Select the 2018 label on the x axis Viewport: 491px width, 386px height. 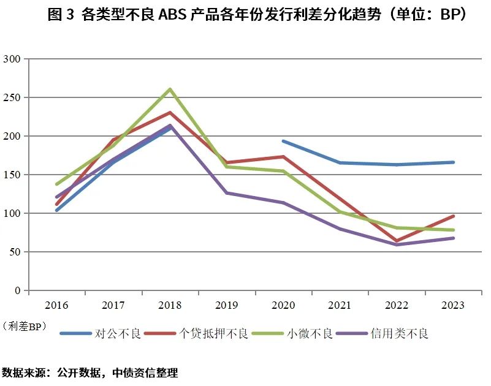tap(170, 305)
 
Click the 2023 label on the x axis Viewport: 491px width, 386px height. tap(453, 305)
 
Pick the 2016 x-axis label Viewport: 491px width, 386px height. tap(56, 305)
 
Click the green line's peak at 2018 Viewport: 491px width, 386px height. tap(170, 89)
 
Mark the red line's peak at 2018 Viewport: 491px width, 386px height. tap(170, 113)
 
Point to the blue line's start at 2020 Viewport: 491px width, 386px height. tap(283, 141)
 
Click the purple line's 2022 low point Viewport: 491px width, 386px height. tap(397, 244)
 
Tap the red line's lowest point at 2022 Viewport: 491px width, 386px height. tap(397, 241)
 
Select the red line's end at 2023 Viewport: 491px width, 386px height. tap(453, 216)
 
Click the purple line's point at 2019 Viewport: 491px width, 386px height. tap(226, 193)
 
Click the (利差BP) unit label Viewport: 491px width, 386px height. tap(25, 325)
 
